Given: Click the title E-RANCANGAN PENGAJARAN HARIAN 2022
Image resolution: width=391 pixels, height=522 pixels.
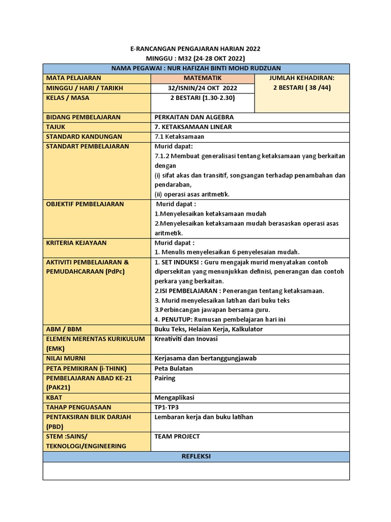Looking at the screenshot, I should coord(196,49).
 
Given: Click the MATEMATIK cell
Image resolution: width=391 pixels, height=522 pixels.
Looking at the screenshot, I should coord(202,78).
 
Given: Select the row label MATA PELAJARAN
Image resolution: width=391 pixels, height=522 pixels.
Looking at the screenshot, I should coord(73,78).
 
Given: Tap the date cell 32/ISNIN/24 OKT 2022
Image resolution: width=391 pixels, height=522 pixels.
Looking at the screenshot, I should coord(203,88).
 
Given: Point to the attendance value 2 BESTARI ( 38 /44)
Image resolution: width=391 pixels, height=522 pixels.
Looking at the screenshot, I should coord(301,88).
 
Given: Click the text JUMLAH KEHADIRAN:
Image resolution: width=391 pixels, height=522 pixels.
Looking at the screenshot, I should coord(301,78).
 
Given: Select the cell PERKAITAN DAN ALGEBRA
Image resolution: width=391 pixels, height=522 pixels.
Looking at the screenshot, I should coord(194,117).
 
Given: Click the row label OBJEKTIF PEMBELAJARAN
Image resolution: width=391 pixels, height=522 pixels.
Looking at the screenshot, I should coord(85,204).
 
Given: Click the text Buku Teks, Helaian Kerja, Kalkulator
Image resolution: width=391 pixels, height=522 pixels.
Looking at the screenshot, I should coord(209,329).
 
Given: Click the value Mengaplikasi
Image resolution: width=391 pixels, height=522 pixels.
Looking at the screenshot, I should coord(174,398).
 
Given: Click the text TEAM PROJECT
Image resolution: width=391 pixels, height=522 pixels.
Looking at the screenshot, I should coord(177,436).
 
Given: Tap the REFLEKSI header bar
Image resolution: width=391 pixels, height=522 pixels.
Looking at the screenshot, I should coord(196,456).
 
